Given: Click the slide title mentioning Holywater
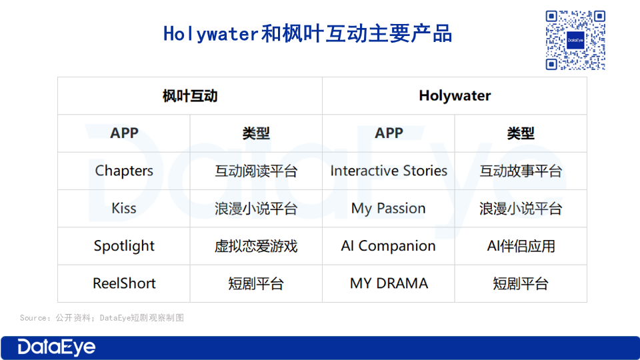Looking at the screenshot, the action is (x=307, y=33).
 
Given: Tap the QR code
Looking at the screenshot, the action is (x=575, y=40).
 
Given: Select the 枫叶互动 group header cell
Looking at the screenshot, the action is (x=190, y=96).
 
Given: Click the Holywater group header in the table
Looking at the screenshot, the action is (x=455, y=96).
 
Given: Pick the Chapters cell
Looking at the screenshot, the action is (x=124, y=171).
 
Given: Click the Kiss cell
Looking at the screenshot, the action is (x=124, y=208).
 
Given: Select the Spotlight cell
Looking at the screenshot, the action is (x=124, y=246).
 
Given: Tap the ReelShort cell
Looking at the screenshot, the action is (x=124, y=283).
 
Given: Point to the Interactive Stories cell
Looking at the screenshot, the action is (x=389, y=171).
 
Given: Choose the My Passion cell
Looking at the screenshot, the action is (x=389, y=209).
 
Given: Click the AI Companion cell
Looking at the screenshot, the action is (x=389, y=246).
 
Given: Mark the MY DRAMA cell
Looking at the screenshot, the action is (x=389, y=283).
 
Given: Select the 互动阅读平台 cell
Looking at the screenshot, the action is (x=256, y=171).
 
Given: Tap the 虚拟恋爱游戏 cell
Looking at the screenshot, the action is (x=256, y=246).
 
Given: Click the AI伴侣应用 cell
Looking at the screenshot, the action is (x=521, y=246).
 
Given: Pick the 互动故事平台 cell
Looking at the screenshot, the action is (x=521, y=171).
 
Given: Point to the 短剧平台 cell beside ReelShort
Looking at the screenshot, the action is (x=256, y=284).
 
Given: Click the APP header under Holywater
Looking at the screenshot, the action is (x=389, y=133).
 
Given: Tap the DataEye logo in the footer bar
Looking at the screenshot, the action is (x=56, y=347).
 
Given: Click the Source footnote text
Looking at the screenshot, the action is (x=101, y=317).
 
